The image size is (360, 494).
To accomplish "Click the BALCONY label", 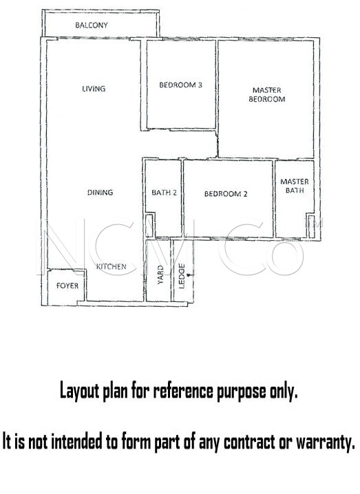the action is (92, 25).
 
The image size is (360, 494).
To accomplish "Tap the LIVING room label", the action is (94, 89).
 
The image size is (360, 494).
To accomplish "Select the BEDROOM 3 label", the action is (180, 85).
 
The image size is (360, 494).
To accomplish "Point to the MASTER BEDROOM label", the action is (267, 94).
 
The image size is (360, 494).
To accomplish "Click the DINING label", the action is (100, 192).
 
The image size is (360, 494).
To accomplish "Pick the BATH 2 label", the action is (164, 192).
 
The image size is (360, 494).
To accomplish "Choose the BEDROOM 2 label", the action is (226, 194).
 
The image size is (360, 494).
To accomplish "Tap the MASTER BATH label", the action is (295, 186).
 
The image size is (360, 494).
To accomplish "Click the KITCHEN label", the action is (112, 266).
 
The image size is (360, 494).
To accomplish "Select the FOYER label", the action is (67, 286).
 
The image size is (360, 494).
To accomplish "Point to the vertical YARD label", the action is (160, 275).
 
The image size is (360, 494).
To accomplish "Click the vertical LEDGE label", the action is (182, 276).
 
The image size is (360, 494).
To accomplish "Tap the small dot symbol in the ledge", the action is (189, 275).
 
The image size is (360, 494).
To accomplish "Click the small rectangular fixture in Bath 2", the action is (149, 225).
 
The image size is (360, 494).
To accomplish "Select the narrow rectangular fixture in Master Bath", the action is (311, 226).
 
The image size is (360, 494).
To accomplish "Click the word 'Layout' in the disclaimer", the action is (79, 391).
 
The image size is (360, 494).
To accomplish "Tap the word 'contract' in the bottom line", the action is (250, 442).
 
